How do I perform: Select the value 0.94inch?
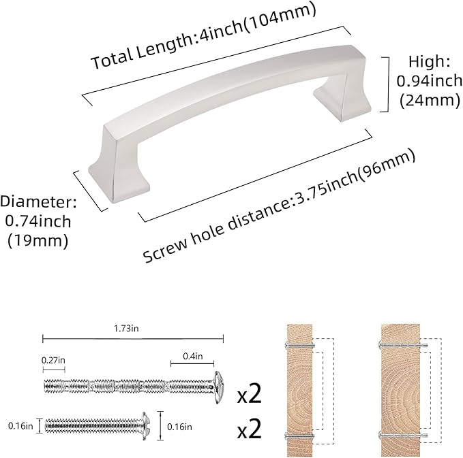(x=429, y=82)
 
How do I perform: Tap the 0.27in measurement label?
(x=54, y=359)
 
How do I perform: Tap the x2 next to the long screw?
(x=250, y=393)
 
